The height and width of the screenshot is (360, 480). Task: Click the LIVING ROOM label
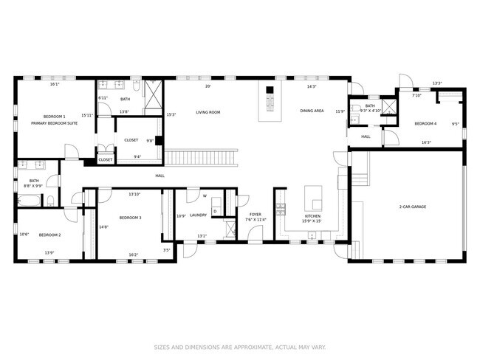point(208,112)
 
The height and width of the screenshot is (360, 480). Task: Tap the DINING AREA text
point(312,111)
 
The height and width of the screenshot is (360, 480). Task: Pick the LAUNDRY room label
point(198,215)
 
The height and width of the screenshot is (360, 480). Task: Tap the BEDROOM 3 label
point(130,218)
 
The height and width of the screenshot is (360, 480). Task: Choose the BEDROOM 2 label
point(49,235)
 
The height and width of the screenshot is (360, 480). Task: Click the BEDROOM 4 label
point(425,123)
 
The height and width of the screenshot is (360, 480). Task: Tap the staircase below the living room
point(202,157)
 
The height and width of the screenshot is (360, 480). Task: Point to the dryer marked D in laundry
point(215,212)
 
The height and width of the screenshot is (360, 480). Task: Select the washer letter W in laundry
point(205,196)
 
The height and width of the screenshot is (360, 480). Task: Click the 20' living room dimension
point(208,86)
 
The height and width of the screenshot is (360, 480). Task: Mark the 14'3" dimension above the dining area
point(312,86)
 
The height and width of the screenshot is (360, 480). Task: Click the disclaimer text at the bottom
point(239,347)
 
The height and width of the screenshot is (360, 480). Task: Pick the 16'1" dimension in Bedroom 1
point(54,84)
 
